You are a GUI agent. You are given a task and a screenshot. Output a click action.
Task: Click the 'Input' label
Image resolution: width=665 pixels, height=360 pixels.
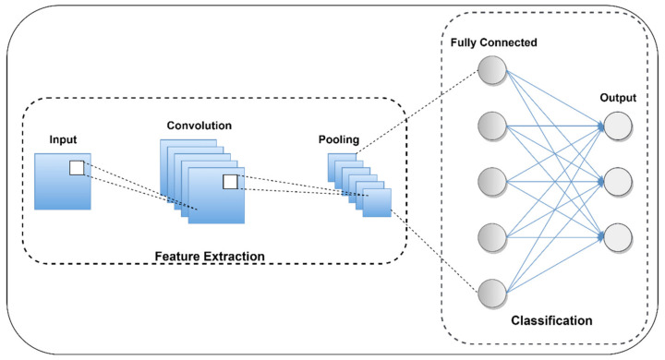click(x=64, y=140)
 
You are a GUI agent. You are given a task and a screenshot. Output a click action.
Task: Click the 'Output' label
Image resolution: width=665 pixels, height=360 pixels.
click(x=618, y=96)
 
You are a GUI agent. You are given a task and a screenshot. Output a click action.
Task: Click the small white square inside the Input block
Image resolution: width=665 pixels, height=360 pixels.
click(x=77, y=167)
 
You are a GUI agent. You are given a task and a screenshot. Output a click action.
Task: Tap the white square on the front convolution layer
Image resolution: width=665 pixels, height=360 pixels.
click(x=230, y=182)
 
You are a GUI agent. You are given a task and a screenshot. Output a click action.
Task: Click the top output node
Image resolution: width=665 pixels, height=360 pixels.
click(x=617, y=126)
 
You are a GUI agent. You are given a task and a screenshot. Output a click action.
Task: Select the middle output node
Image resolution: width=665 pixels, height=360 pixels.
click(x=617, y=181)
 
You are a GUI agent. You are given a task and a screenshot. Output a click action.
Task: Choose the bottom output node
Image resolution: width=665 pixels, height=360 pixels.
click(x=617, y=236)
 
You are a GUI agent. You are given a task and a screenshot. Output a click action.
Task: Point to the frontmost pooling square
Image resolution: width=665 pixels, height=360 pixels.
click(x=377, y=202)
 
